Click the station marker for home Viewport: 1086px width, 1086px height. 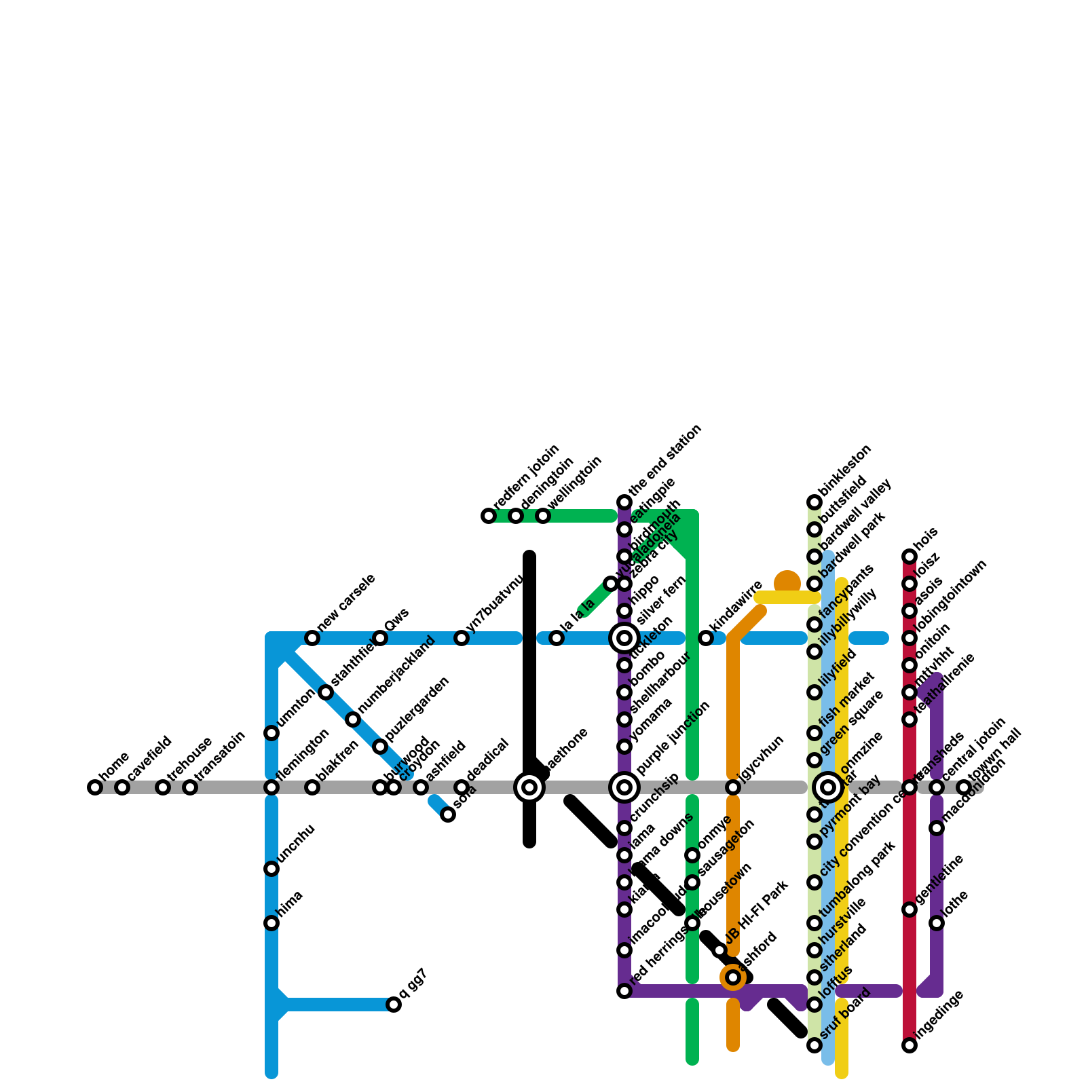click(95, 787)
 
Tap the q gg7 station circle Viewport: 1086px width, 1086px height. click(394, 1005)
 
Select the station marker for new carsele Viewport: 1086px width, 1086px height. click(312, 638)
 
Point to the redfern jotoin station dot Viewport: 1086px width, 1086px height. click(489, 516)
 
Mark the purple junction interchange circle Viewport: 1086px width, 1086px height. click(624, 787)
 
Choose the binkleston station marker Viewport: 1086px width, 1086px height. click(814, 502)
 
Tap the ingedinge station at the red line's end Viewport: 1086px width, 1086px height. click(910, 1045)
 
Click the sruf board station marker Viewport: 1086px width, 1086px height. click(814, 1045)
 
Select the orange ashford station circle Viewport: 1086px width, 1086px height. click(733, 977)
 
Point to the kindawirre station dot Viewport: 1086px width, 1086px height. click(706, 638)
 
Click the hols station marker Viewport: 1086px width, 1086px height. click(910, 557)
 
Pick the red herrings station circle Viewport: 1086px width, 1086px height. click(624, 991)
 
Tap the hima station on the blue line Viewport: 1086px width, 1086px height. click(271, 923)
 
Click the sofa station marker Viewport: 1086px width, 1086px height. click(448, 814)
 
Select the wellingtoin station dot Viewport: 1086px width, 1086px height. click(543, 516)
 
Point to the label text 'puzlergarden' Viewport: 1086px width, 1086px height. click(417, 709)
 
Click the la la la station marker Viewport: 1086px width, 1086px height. click(557, 638)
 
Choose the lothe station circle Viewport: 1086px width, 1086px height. click(937, 923)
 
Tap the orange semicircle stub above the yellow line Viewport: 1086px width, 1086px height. click(787, 581)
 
